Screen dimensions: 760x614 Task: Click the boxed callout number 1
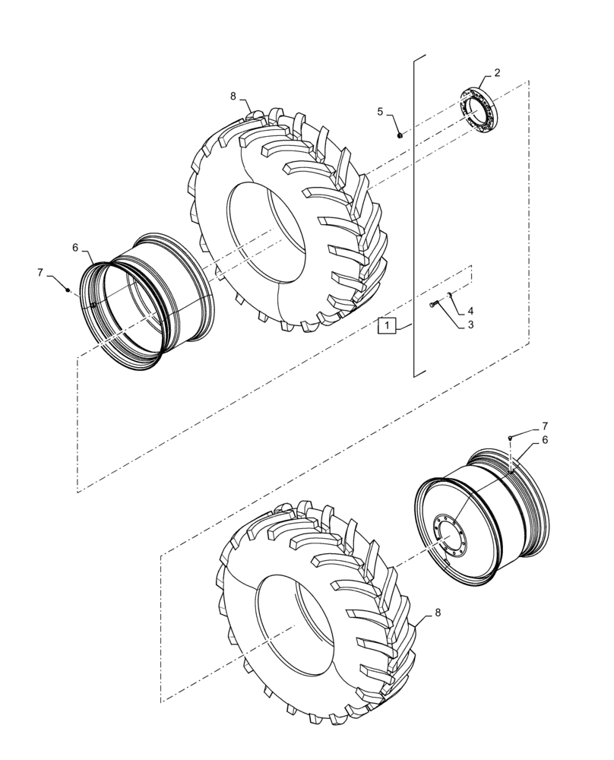388,326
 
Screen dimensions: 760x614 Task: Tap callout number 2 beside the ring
496,73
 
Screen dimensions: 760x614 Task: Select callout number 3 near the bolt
470,325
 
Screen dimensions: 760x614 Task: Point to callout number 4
470,311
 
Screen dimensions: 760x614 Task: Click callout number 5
380,112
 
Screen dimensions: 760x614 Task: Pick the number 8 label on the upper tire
233,97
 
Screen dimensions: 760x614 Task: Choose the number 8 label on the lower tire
436,613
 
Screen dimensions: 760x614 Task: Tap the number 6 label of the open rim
75,248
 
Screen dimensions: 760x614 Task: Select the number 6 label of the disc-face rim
544,440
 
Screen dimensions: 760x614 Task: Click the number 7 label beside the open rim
40,272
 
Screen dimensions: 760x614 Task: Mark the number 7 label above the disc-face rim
544,426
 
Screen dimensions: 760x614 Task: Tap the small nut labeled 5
400,135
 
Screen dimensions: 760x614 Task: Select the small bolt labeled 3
433,305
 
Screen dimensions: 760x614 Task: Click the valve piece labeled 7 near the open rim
68,290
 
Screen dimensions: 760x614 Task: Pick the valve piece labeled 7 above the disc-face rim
511,438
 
